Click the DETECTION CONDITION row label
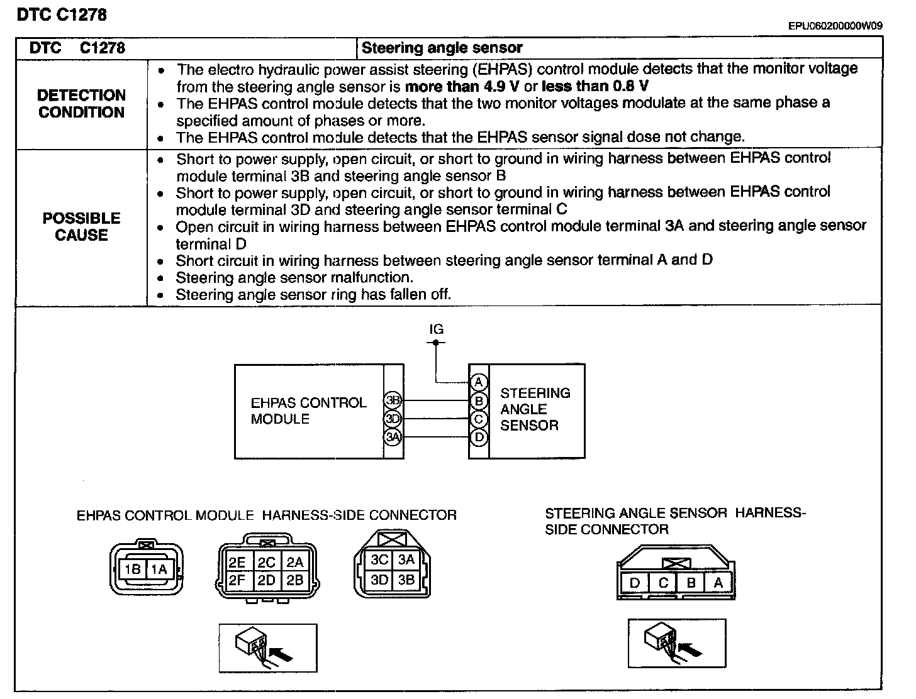coord(81,104)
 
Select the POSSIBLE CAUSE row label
coord(81,226)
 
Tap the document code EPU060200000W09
coord(835,26)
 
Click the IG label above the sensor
coord(436,329)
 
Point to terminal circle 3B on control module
coord(393,400)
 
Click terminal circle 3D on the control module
coord(393,419)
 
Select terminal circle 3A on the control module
coord(393,437)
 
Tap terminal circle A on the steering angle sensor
coord(479,382)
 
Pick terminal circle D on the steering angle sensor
coord(479,437)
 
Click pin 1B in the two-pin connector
coord(133,570)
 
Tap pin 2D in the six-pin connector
coord(267,580)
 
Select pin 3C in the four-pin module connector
coord(379,560)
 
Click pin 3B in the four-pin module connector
coord(406,580)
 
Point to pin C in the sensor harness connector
coord(663,583)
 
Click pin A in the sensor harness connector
coord(718,583)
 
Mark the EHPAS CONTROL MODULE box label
coord(308,410)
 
